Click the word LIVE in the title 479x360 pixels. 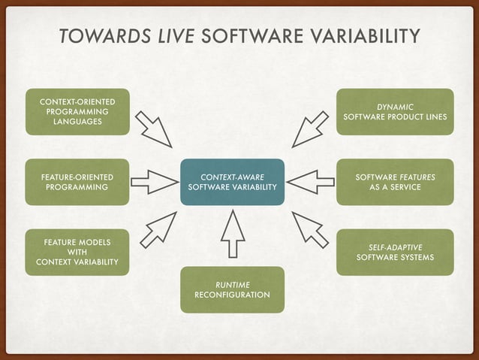173,36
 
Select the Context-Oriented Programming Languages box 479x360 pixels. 77,112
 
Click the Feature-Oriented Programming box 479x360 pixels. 77,182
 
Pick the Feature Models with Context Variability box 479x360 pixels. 77,252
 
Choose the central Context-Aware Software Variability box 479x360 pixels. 233,182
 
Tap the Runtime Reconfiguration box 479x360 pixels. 233,289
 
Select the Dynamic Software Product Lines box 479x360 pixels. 394,112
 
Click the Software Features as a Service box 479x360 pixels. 394,182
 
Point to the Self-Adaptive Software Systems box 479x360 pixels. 394,252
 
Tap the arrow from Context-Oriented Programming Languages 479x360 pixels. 154,129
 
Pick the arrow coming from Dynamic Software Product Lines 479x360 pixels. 310,129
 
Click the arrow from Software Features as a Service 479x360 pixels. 310,182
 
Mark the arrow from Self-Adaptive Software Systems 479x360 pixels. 310,230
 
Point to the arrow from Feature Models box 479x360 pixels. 158,230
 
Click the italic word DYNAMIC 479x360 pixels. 395,107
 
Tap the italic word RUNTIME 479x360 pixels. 233,284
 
